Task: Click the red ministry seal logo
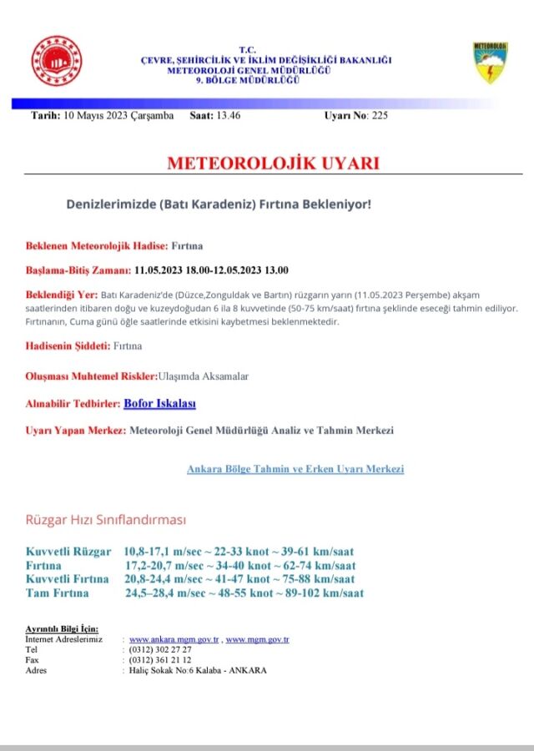56,61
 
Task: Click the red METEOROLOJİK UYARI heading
273,163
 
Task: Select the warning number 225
380,115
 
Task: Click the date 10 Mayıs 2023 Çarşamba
118,115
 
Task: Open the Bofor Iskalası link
159,404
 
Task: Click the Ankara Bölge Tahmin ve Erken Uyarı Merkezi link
295,470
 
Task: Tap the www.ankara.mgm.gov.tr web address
174,639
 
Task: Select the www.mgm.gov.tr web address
257,639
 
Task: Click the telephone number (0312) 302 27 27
160,649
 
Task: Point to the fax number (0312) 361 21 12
160,659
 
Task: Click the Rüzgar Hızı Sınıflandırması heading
106,520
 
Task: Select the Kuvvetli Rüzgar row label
68,552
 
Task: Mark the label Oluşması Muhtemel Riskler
91,376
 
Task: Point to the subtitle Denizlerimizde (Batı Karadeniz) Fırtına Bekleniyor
218,204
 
